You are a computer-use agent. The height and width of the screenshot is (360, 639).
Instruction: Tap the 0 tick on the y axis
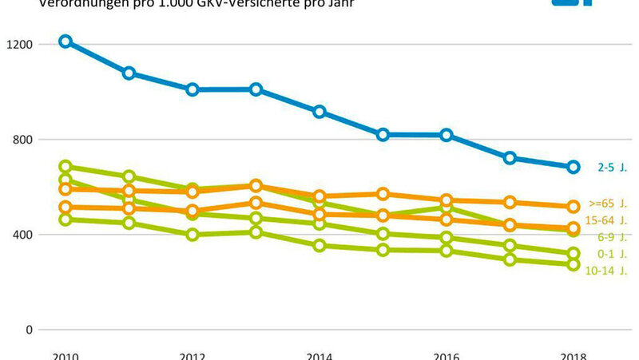point(29,330)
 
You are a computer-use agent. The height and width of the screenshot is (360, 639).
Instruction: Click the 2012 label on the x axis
point(192,354)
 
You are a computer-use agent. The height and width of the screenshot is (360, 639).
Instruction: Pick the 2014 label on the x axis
point(319,354)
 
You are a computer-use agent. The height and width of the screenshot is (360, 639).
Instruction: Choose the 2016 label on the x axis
point(446,354)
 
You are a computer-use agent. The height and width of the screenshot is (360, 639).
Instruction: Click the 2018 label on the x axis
point(573,354)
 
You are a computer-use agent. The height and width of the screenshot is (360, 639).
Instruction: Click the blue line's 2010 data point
point(65,42)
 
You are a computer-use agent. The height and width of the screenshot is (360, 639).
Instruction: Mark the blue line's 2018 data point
point(573,167)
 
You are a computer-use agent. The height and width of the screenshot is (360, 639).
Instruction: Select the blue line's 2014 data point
point(319,112)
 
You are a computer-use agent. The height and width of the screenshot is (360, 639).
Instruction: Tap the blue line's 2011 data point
point(129,73)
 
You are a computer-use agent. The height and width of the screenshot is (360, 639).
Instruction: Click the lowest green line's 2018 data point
point(573,264)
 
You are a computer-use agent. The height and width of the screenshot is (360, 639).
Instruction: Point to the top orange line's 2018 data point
point(573,207)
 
